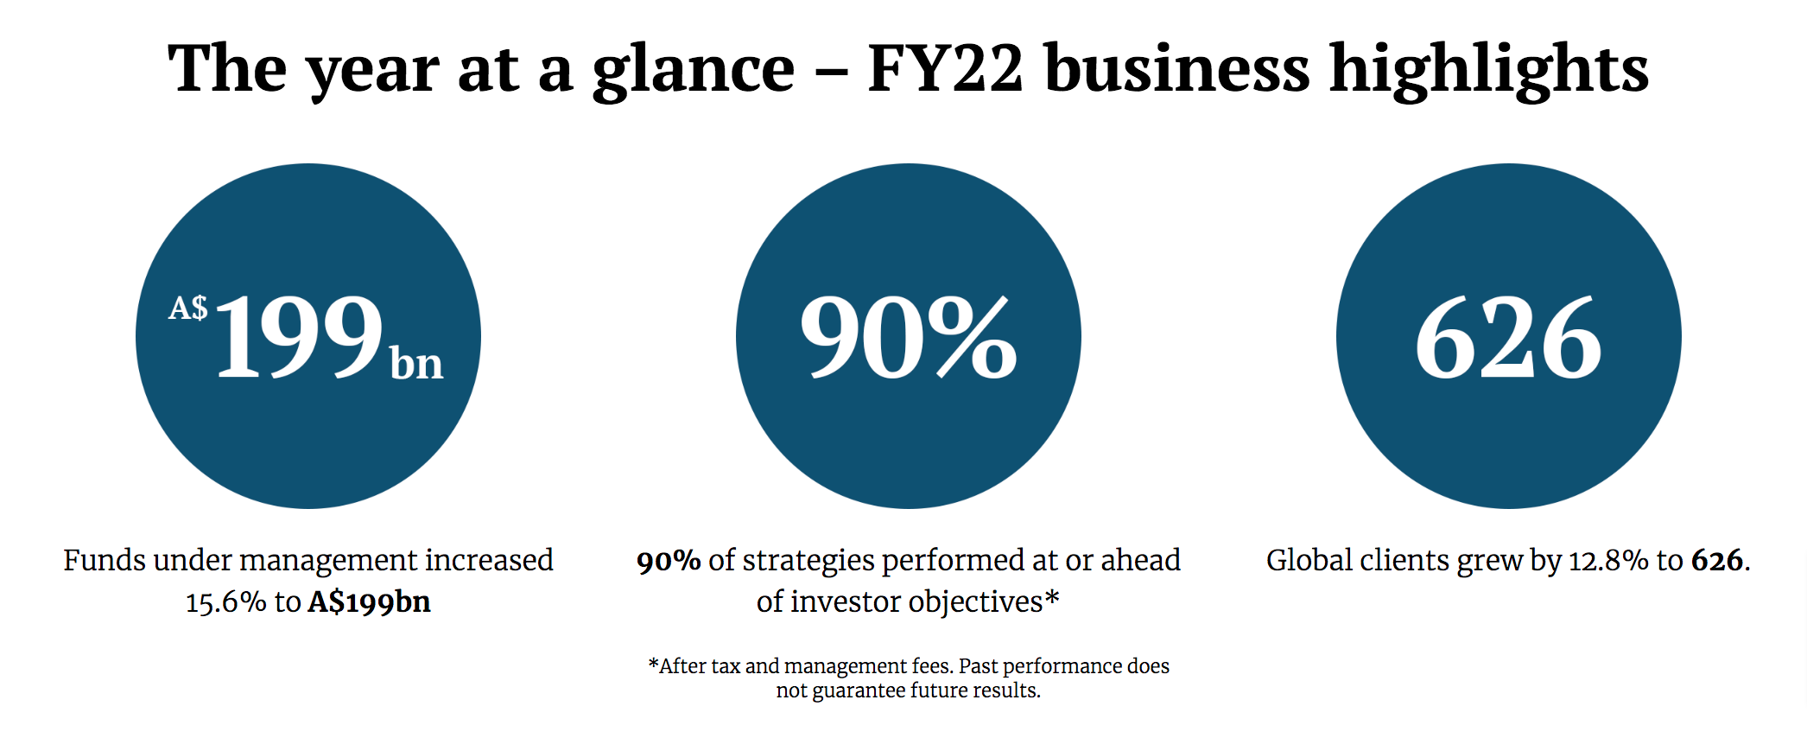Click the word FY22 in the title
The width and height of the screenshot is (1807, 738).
945,69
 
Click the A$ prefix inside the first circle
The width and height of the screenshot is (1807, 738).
187,309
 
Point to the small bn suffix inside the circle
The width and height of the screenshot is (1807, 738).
416,364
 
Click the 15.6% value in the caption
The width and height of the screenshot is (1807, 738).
225,602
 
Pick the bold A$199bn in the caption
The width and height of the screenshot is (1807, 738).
369,602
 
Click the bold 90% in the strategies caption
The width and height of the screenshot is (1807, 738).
668,562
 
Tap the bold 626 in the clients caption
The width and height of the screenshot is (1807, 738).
1716,562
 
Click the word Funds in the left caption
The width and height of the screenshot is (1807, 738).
105,561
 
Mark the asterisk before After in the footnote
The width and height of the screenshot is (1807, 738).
653,665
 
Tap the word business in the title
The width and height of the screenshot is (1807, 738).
1176,69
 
